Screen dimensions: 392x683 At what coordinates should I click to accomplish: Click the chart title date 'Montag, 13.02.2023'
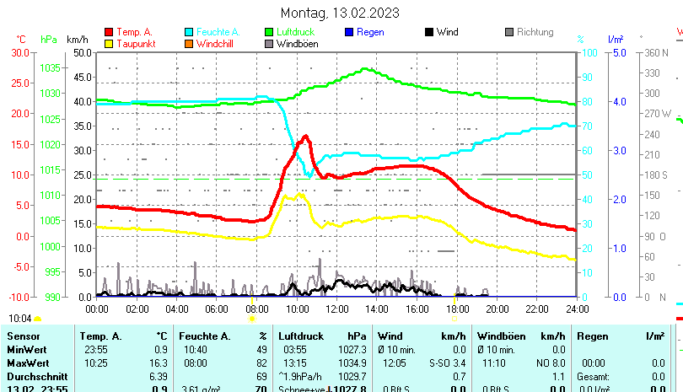tap(340, 13)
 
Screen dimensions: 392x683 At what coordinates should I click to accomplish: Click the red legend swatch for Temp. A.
tap(109, 32)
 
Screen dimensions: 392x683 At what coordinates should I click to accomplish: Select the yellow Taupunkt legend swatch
tap(109, 44)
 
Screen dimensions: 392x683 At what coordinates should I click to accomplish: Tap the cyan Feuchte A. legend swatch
tap(190, 32)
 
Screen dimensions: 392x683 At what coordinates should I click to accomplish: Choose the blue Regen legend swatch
tap(350, 32)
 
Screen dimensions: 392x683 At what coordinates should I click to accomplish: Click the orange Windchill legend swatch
tap(190, 44)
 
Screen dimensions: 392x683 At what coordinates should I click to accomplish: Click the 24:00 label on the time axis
tap(577, 309)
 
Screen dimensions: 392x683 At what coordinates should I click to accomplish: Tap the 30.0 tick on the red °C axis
tap(19, 52)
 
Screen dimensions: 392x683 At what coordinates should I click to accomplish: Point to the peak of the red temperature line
tap(305, 136)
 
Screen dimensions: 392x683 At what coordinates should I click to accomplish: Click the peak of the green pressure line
tap(365, 69)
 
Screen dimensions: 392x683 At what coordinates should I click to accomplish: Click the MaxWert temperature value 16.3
tap(159, 362)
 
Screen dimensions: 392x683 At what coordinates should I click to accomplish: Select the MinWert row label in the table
tap(25, 350)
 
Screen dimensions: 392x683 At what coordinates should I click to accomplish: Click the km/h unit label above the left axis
tap(77, 40)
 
